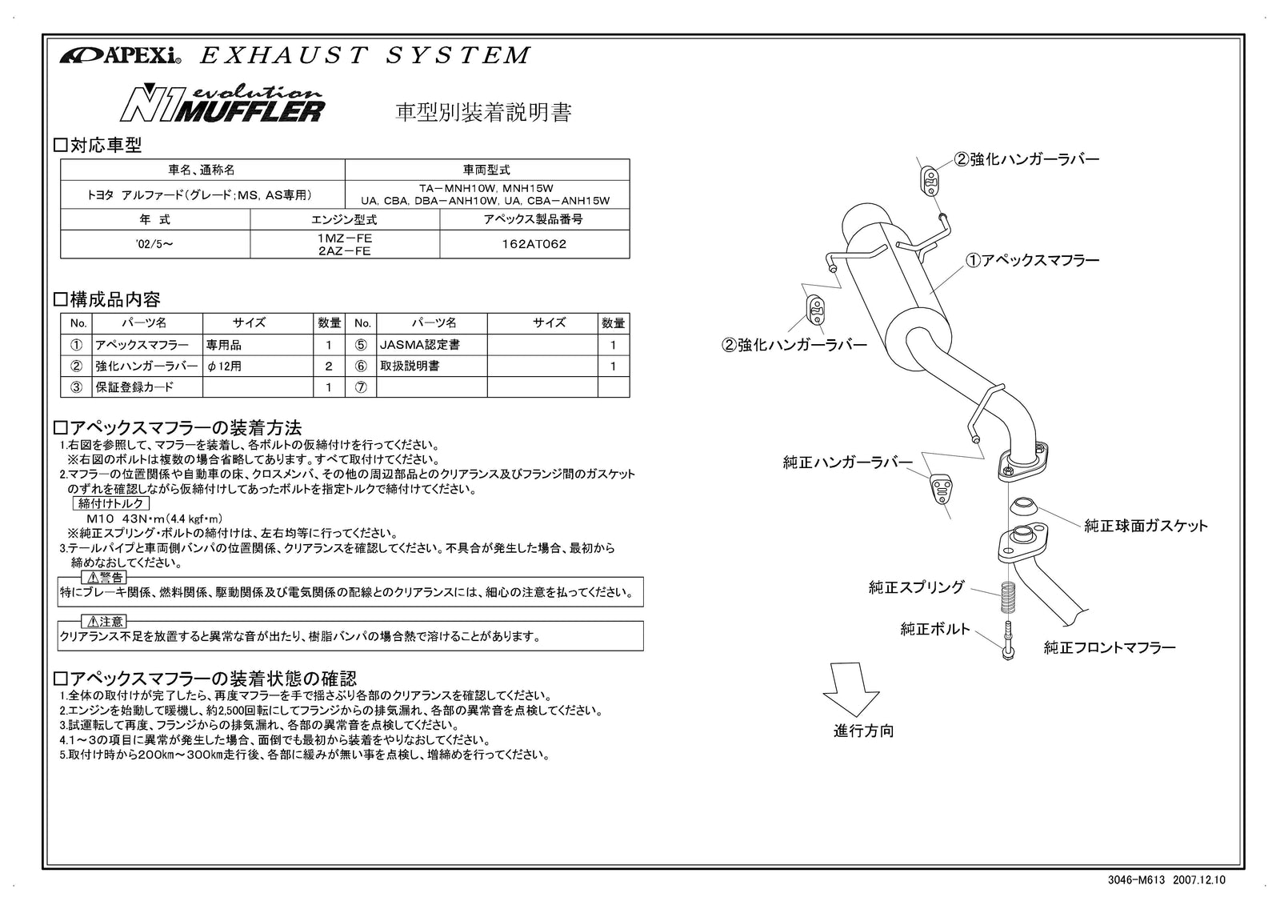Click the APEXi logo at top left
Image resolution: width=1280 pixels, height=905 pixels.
click(120, 55)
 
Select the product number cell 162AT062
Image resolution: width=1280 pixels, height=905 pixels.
click(534, 244)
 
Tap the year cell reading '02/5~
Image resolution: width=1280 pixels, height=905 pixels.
click(155, 244)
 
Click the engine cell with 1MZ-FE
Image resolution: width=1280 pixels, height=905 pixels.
click(344, 238)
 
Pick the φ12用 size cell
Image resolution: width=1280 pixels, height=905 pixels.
click(225, 366)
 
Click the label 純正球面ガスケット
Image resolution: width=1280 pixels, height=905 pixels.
click(1146, 526)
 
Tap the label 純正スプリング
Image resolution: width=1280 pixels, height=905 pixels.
click(917, 587)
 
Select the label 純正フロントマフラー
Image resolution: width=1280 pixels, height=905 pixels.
click(1109, 647)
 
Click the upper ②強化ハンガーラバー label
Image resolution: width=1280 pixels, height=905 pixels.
click(1026, 158)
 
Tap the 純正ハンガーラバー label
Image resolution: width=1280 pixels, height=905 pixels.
click(847, 462)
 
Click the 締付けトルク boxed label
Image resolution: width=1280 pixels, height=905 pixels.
click(111, 503)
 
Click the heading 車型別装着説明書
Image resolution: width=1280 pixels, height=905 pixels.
click(484, 111)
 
